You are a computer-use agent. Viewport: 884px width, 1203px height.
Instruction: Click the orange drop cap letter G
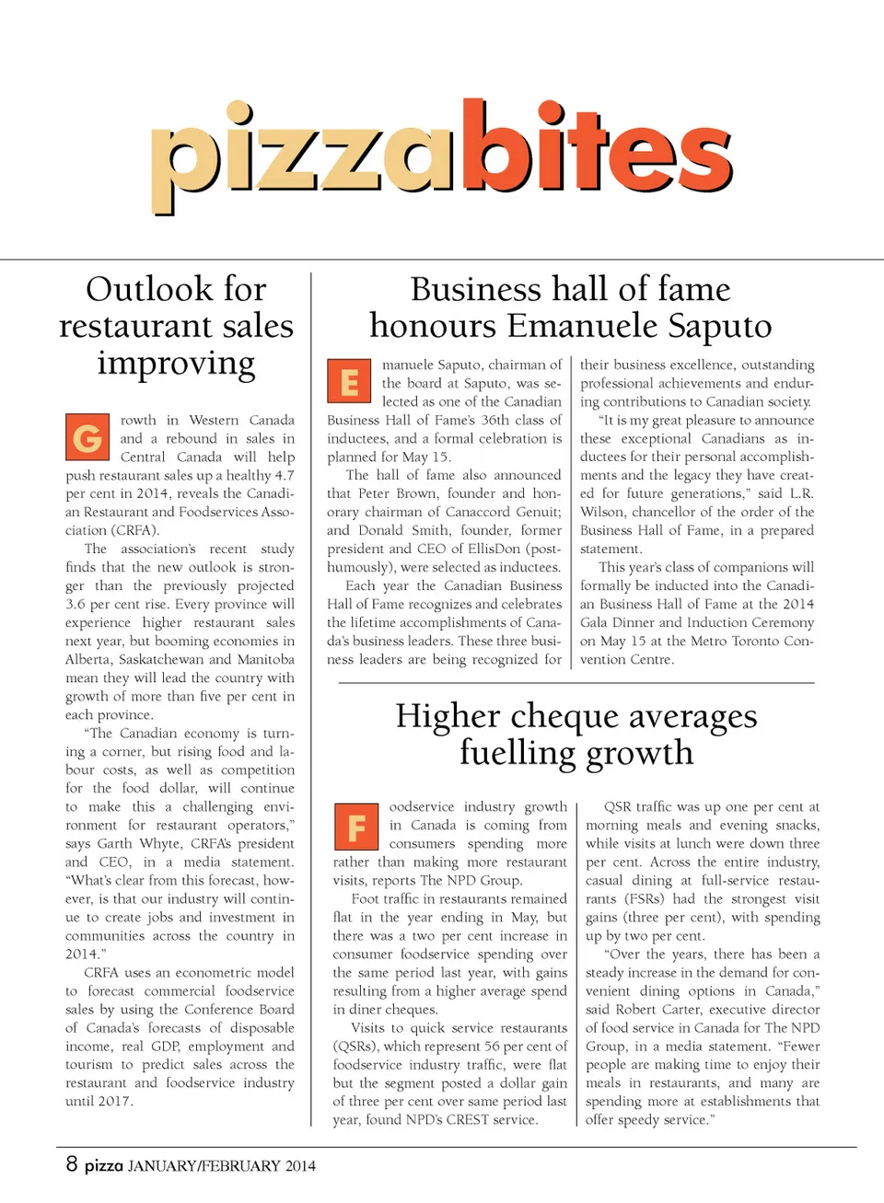point(87,437)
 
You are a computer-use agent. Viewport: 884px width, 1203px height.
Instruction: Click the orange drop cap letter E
point(349,381)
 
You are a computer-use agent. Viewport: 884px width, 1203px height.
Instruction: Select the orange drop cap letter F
point(355,826)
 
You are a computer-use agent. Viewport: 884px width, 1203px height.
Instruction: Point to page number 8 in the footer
point(72,1163)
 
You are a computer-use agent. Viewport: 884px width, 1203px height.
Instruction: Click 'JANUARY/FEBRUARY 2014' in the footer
point(222,1165)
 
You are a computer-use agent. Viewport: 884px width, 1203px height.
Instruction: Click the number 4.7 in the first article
point(284,475)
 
